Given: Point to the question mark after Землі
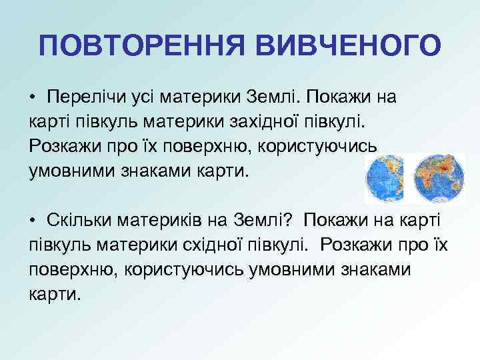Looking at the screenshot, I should tap(293, 221).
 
